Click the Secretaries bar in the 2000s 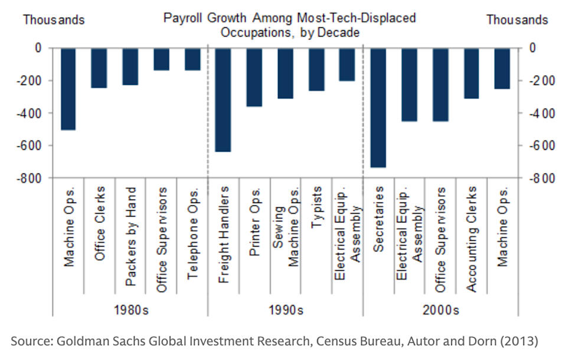[378, 108]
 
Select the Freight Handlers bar [223, 100]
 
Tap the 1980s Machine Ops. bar [68, 89]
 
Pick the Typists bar [316, 70]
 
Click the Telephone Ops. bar [192, 60]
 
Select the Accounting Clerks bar [472, 73]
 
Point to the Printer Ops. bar [254, 77]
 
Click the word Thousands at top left [54, 20]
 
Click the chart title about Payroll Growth [289, 25]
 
